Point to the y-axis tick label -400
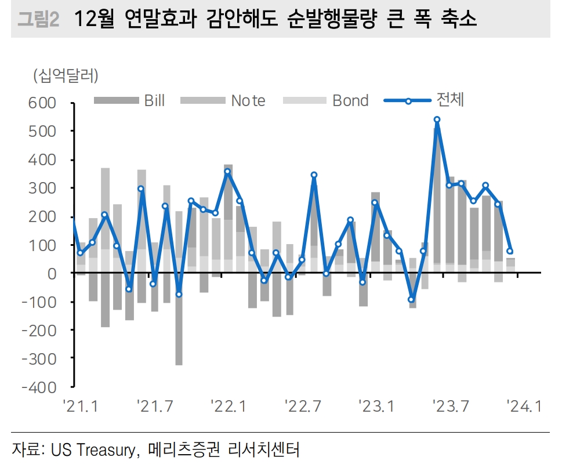(x=41, y=387)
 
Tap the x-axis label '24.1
(x=524, y=407)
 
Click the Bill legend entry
(x=130, y=100)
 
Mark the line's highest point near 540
(x=437, y=120)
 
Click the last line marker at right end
(x=510, y=251)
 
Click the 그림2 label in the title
(x=38, y=20)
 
